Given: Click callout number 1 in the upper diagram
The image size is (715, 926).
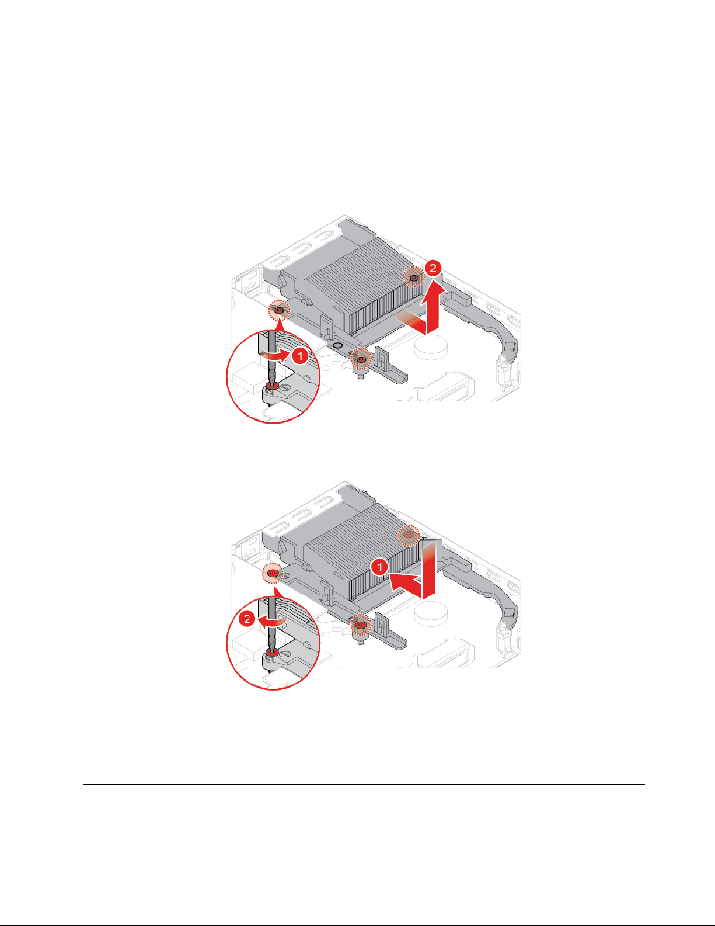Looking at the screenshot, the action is tap(300, 355).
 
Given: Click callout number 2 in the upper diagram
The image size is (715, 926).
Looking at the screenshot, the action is tap(433, 268).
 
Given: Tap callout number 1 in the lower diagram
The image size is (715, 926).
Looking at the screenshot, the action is tap(379, 567).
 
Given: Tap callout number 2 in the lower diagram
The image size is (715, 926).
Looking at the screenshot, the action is tap(247, 618).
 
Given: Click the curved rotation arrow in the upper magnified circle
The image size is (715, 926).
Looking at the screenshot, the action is tap(275, 355).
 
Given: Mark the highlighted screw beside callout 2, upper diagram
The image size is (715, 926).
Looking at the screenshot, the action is tap(414, 278).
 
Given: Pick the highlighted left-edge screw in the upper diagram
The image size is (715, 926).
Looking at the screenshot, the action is tap(279, 310).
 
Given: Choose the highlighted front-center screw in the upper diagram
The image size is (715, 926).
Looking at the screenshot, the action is tap(361, 359).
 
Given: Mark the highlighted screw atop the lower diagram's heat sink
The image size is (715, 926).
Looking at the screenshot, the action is tap(409, 535).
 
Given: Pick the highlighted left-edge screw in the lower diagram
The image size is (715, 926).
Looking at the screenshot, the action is tap(273, 573).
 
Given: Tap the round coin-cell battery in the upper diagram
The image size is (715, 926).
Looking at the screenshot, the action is tap(431, 347).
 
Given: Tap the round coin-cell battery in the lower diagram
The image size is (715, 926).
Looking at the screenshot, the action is tap(431, 613).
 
